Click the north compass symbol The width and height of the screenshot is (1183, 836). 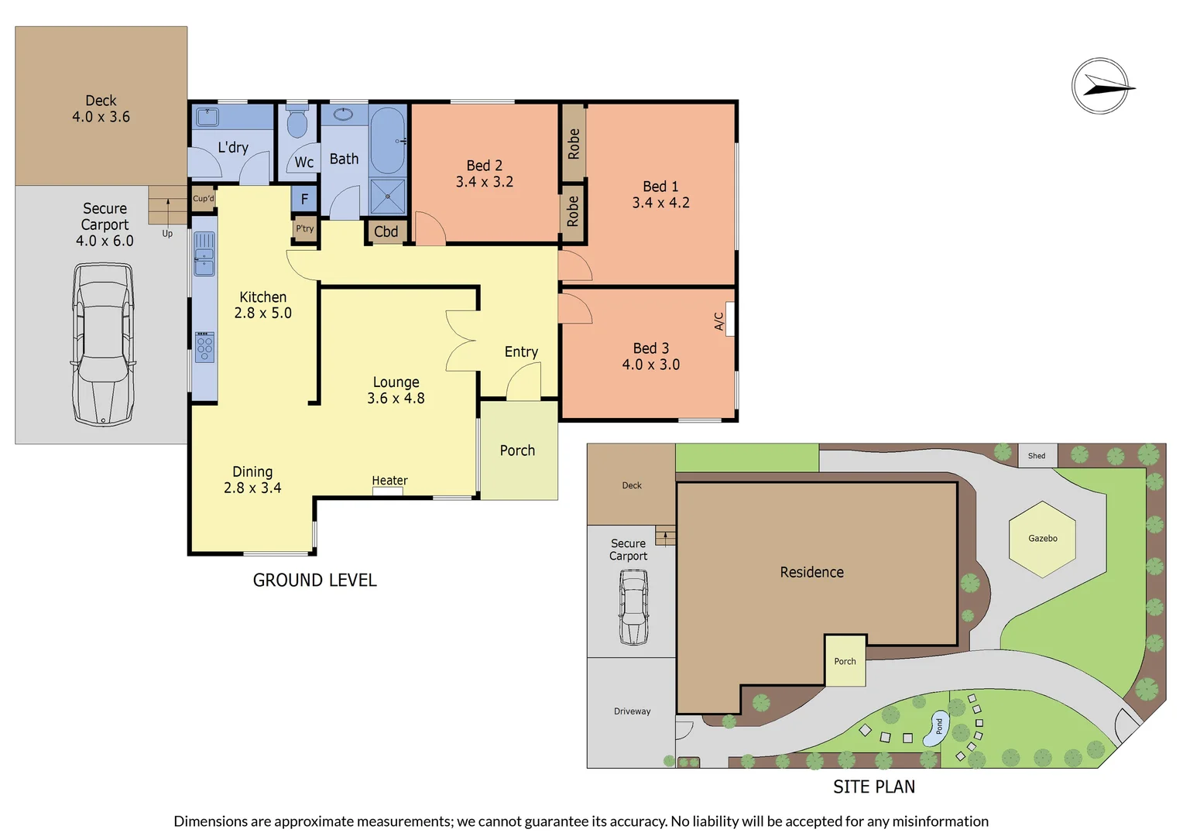(x=1100, y=86)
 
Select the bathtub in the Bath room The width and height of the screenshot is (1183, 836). (x=386, y=140)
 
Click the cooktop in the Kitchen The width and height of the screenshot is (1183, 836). (x=204, y=346)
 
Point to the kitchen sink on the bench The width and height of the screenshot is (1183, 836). (x=204, y=254)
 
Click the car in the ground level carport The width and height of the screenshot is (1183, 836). (x=103, y=344)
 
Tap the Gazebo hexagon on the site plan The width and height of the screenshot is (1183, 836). (x=1042, y=539)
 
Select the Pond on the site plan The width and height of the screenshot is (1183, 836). (x=937, y=728)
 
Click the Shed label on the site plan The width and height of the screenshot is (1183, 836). (x=1037, y=456)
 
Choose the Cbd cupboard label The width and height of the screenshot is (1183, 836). (x=386, y=231)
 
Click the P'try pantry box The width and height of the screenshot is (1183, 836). (x=305, y=228)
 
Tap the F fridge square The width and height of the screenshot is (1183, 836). (x=304, y=199)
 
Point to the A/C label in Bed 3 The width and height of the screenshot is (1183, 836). (x=719, y=320)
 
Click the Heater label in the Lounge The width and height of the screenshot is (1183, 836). (x=389, y=481)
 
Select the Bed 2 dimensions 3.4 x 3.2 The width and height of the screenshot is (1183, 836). (x=484, y=182)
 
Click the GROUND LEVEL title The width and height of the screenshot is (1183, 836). (x=314, y=581)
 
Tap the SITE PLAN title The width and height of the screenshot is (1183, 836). (x=873, y=787)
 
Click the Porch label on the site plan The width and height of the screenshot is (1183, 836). (x=845, y=662)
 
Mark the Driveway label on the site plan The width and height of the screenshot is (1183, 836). (x=632, y=711)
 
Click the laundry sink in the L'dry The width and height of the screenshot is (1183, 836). (x=207, y=117)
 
